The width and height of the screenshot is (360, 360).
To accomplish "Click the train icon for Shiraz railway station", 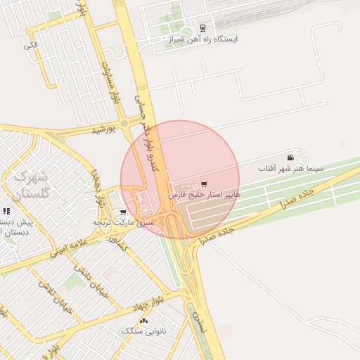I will (202, 29).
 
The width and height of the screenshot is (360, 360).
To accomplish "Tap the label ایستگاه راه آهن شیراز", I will (203, 40).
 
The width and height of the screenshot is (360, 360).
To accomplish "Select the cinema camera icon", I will (290, 157).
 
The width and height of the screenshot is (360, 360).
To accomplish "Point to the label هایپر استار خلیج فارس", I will (204, 194).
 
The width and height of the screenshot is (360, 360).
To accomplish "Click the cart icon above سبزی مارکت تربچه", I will (123, 212).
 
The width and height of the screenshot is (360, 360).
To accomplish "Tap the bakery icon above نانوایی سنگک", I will (144, 320).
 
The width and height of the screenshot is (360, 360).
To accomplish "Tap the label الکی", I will (30, 46).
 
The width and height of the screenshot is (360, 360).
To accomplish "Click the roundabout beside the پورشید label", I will (125, 123).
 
